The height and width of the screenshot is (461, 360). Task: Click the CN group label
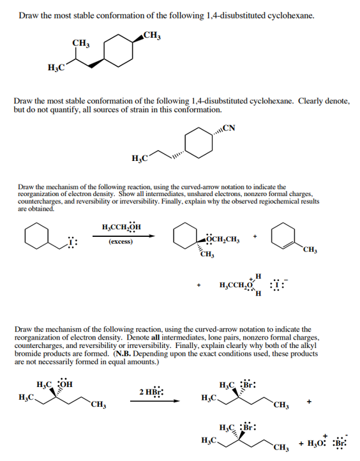[x=229, y=128]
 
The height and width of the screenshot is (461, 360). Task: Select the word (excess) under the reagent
[x=121, y=242]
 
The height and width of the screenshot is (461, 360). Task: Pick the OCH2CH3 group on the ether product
[x=223, y=240]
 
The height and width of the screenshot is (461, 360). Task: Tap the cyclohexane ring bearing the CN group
[x=199, y=146]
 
